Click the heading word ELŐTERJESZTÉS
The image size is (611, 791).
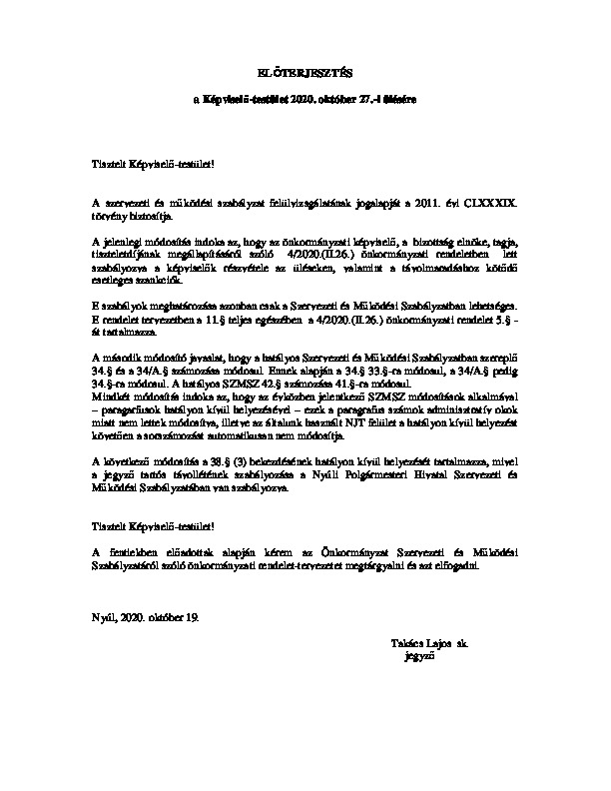(x=305, y=73)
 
